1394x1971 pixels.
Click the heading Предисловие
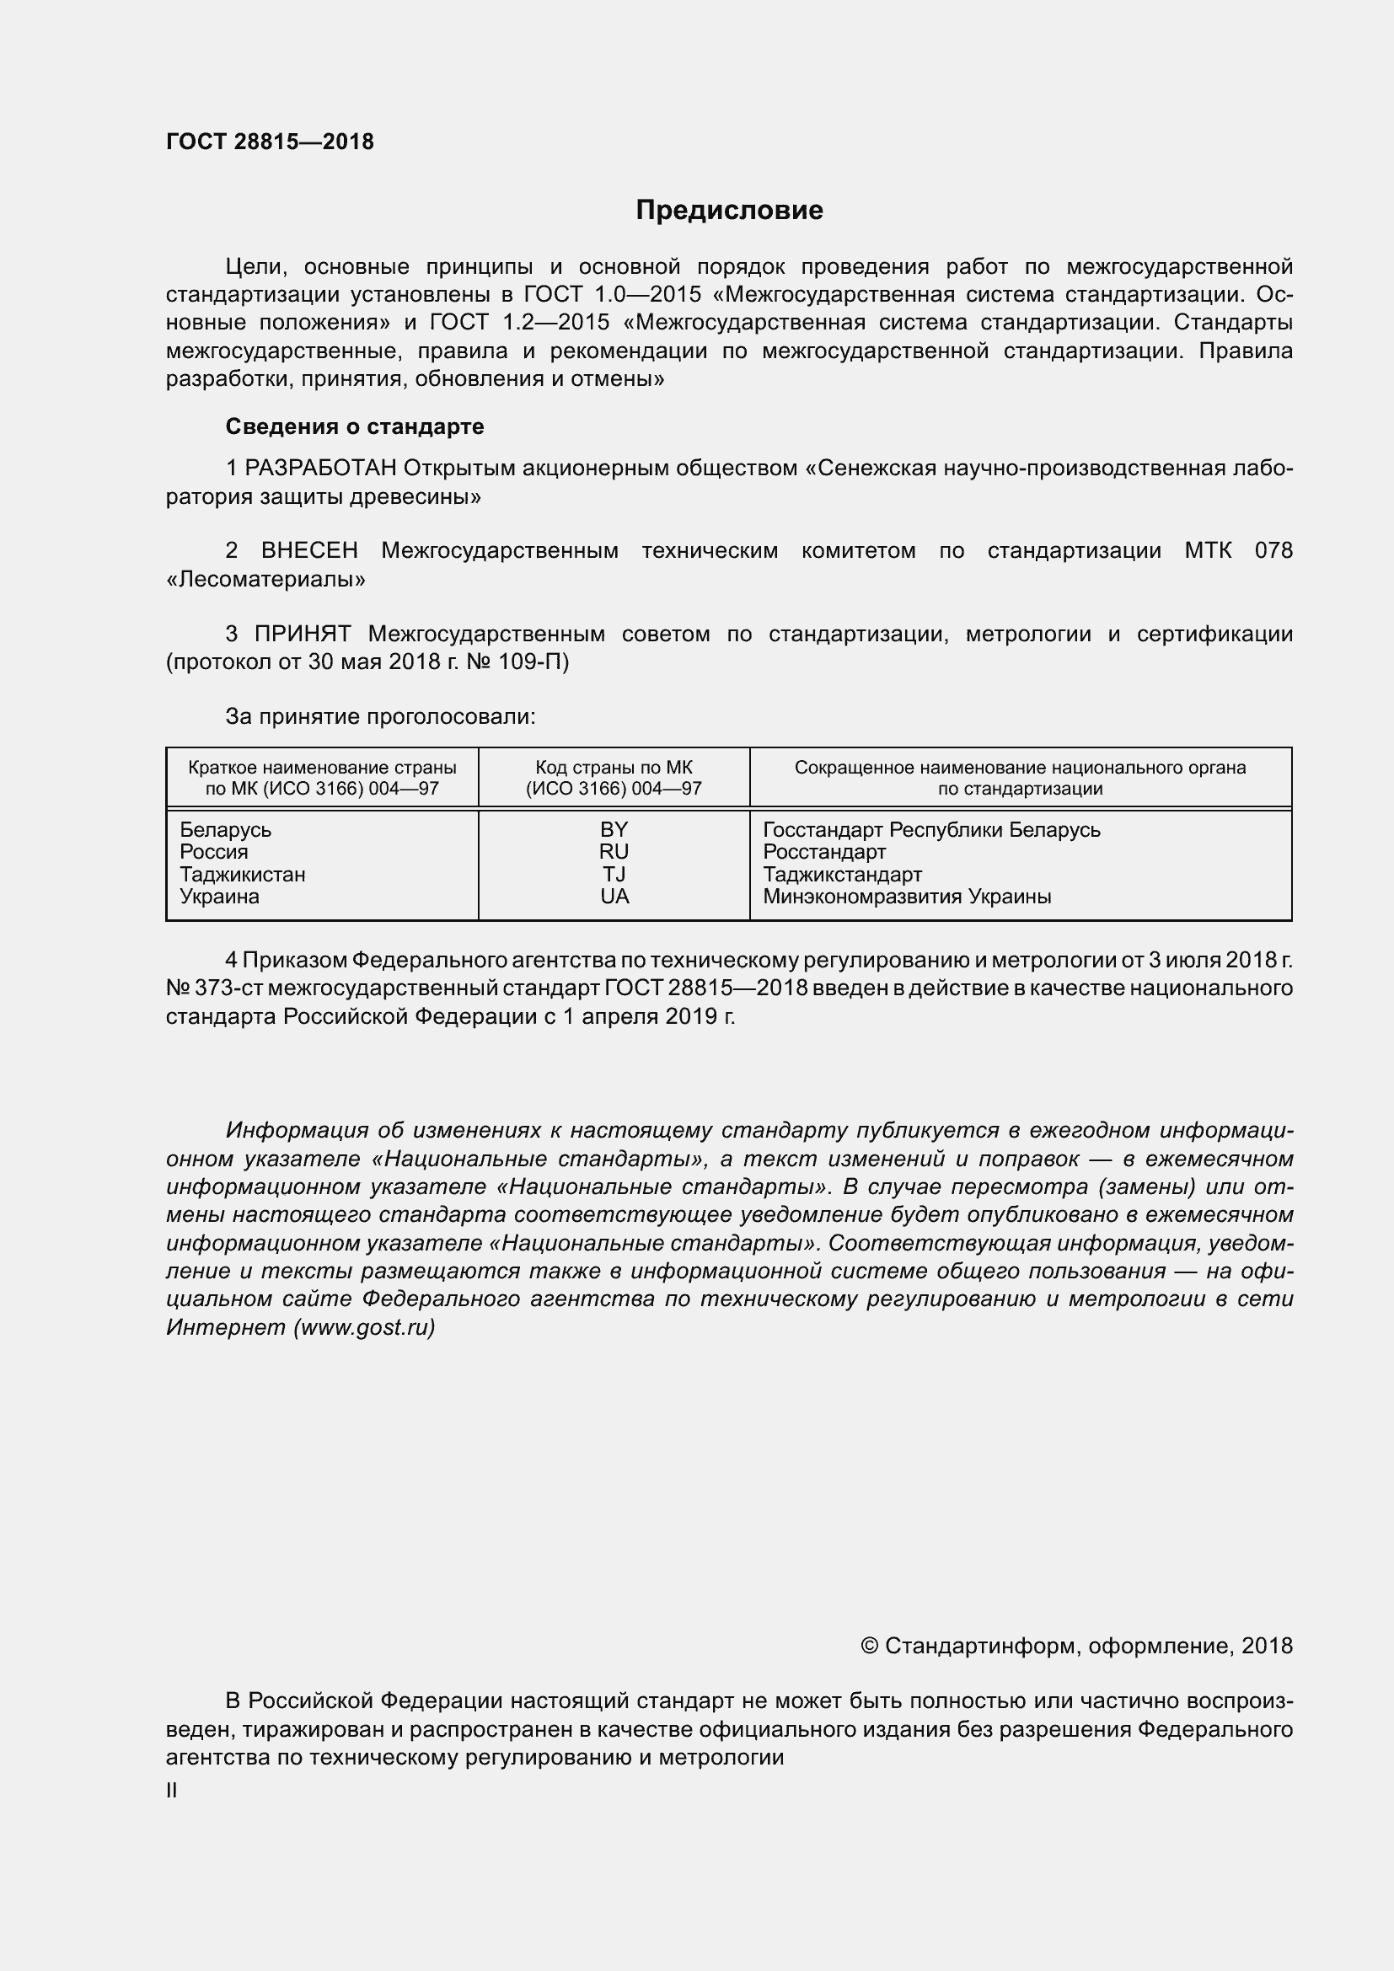click(729, 211)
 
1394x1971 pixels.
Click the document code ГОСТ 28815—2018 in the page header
click(270, 142)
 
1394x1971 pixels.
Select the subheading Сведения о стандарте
click(355, 426)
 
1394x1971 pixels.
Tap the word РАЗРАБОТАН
click(320, 468)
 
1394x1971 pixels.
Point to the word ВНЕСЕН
click(309, 550)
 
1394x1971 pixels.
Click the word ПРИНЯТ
click(303, 635)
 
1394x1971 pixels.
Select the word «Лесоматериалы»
click(266, 580)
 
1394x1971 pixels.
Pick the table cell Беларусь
click(225, 830)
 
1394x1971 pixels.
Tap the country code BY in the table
click(614, 830)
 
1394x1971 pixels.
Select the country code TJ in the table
click(614, 875)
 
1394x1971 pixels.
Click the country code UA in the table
click(614, 897)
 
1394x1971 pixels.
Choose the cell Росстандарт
click(824, 853)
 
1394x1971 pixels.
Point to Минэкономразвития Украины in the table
click(907, 897)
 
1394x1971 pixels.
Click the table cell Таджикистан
click(242, 875)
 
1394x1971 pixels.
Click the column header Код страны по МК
click(614, 769)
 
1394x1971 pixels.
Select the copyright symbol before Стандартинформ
click(869, 1646)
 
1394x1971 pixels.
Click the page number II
click(172, 1791)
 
